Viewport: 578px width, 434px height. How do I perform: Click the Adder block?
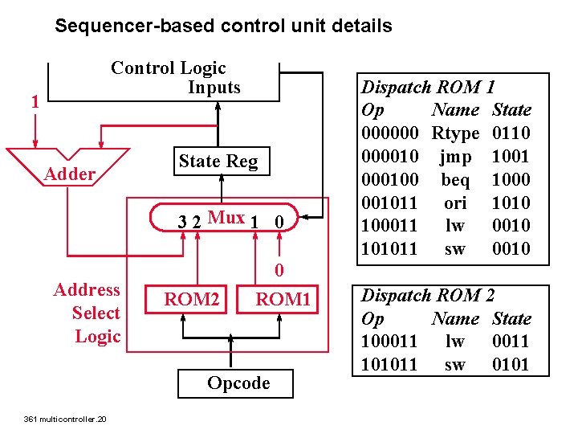point(70,173)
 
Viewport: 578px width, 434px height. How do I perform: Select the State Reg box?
point(218,162)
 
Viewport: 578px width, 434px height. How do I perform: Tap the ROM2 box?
point(192,300)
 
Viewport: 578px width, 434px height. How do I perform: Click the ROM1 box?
point(283,300)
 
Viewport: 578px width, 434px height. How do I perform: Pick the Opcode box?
point(238,383)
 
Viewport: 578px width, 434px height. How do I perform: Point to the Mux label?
point(226,217)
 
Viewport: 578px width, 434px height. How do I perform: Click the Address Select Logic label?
point(87,313)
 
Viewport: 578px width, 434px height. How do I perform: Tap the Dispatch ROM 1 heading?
point(428,87)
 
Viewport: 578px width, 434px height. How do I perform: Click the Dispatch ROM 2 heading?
point(428,295)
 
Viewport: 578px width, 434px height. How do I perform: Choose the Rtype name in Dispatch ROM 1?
point(454,133)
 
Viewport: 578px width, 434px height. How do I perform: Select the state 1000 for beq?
point(511,179)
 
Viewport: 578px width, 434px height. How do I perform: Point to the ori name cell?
point(454,203)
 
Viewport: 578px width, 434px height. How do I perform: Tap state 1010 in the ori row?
point(511,203)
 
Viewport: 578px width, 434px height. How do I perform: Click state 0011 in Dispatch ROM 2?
point(511,342)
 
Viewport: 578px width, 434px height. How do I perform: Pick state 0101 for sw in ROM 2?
point(511,365)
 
